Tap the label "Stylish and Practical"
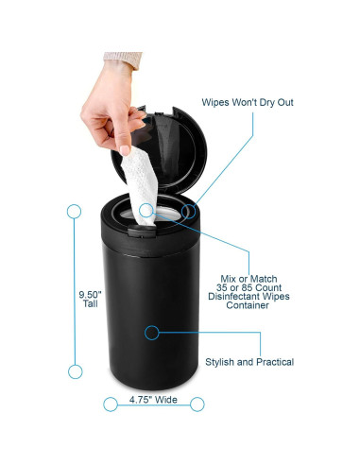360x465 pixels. pyautogui.click(x=249, y=362)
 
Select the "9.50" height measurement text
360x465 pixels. pyautogui.click(x=90, y=294)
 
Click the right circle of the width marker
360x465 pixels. pyautogui.click(x=197, y=405)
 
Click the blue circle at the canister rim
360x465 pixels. pyautogui.click(x=190, y=210)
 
